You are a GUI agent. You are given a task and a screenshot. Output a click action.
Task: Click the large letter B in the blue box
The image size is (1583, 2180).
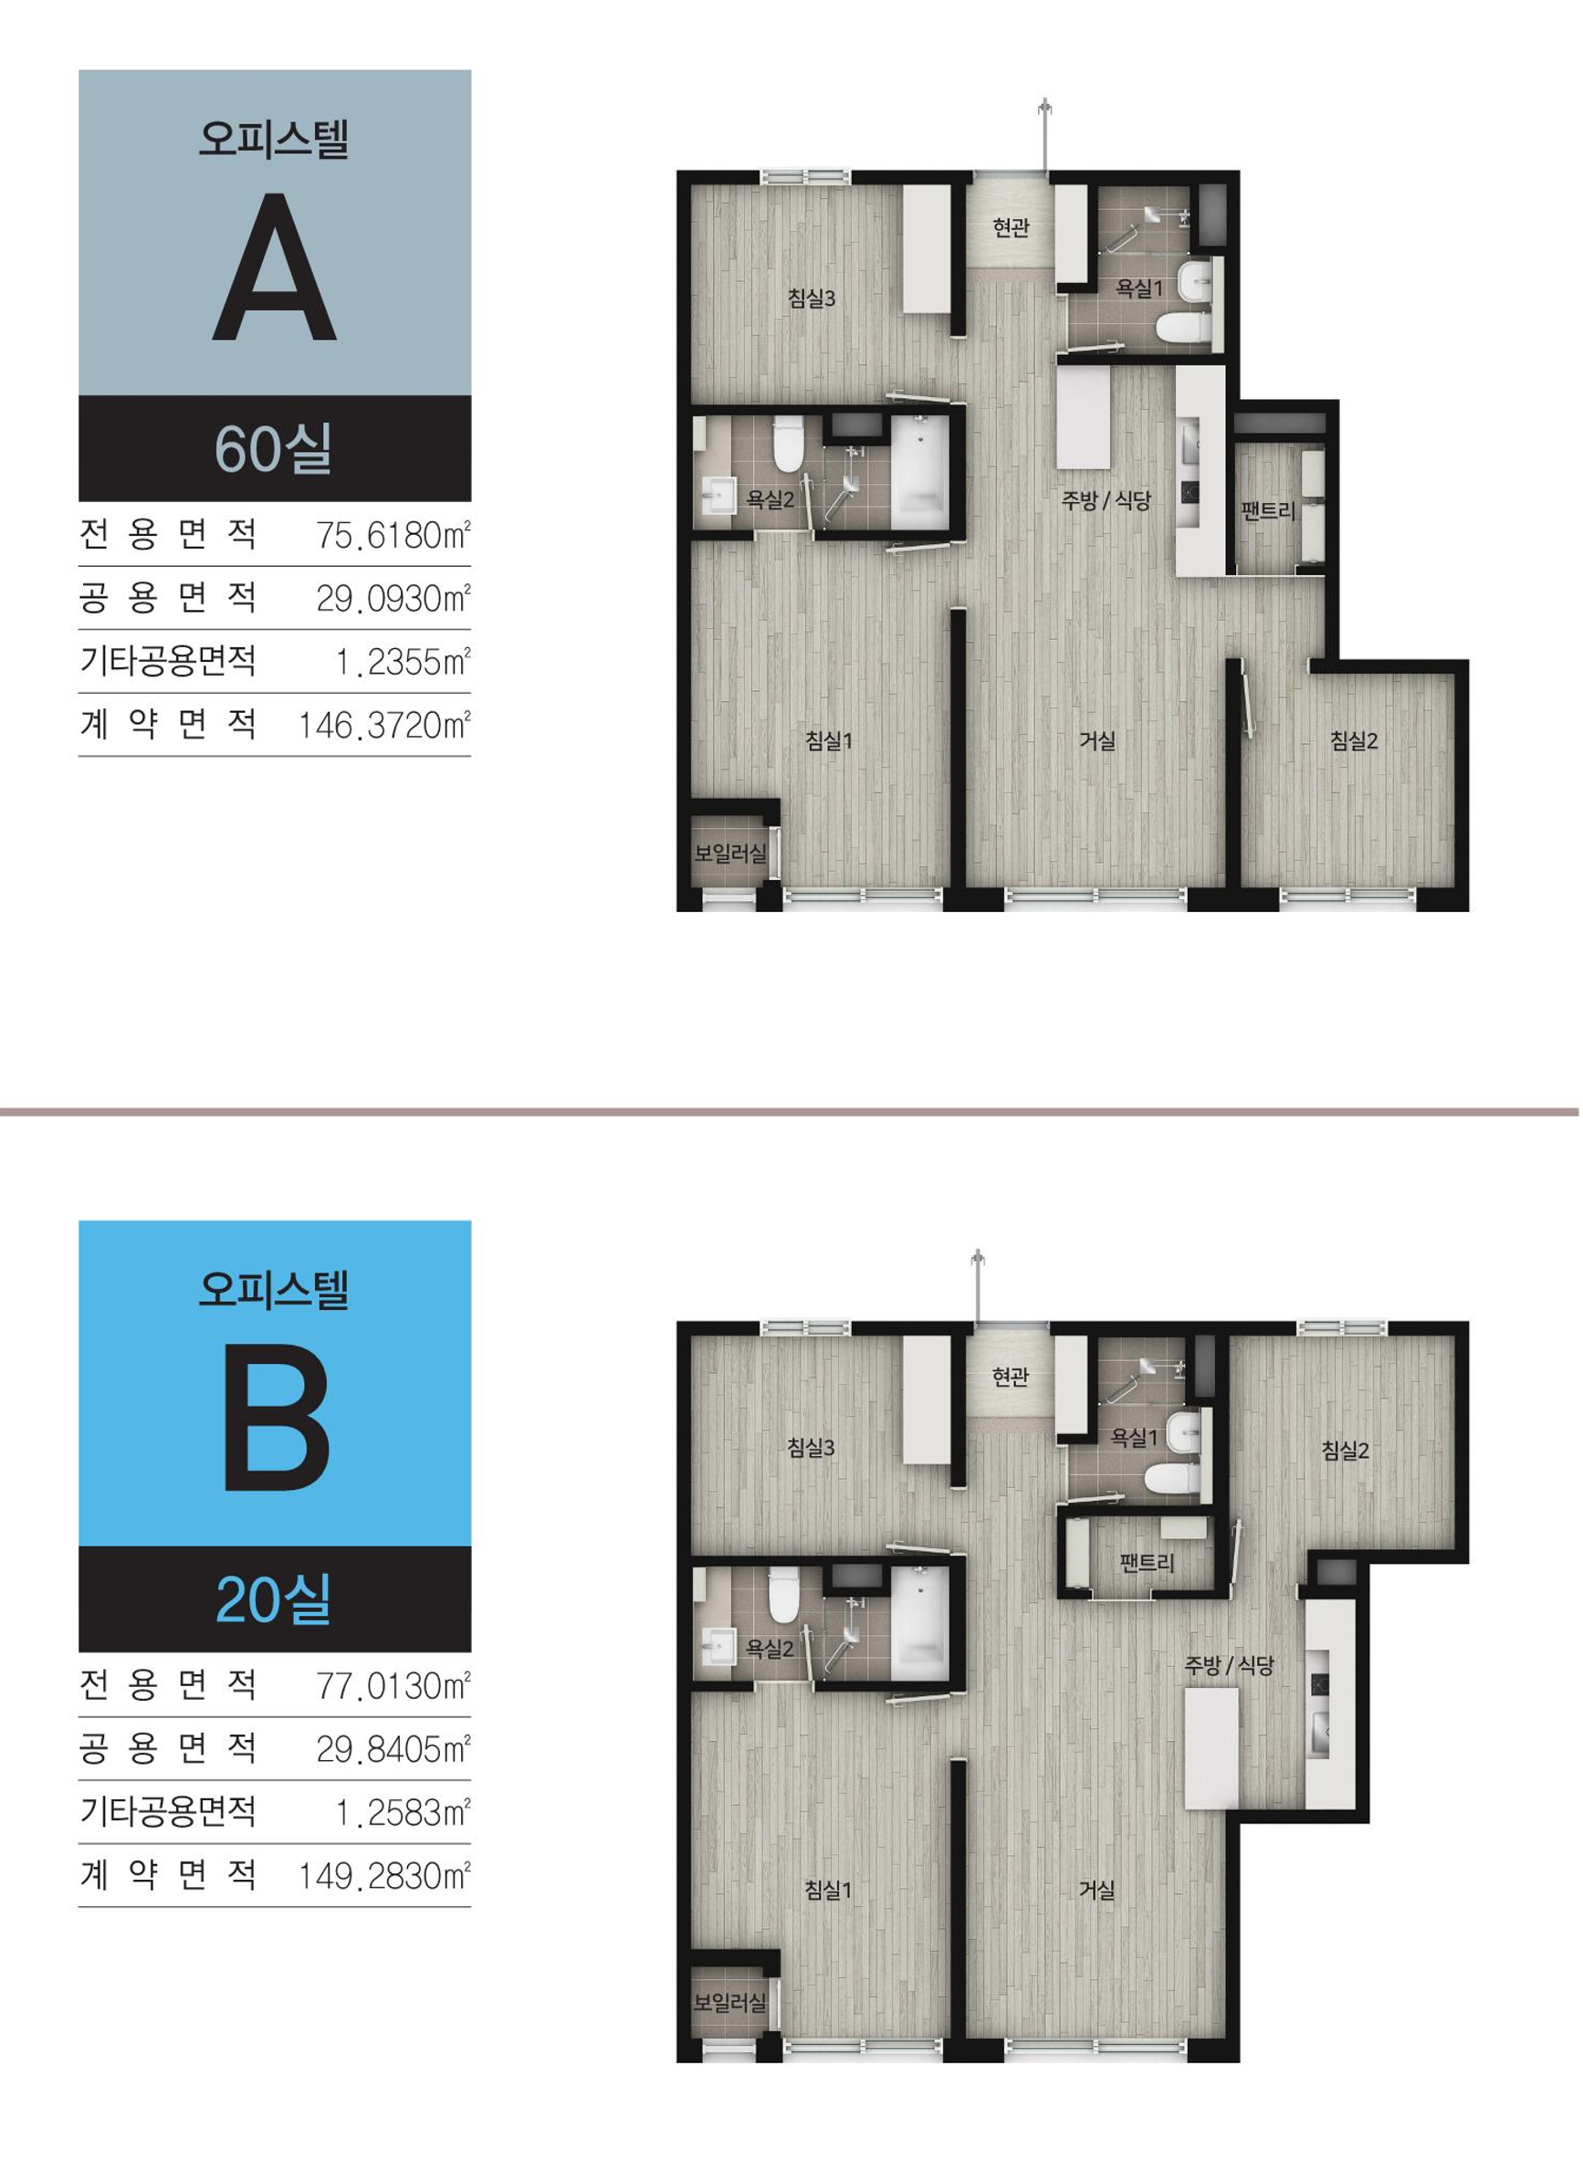pos(277,1419)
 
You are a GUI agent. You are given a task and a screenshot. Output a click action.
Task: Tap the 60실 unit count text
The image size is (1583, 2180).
pos(274,448)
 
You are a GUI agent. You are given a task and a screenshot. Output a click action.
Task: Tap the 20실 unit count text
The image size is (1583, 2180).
pos(274,1599)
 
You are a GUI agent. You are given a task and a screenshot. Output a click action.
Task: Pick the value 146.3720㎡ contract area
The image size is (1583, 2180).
pos(384,725)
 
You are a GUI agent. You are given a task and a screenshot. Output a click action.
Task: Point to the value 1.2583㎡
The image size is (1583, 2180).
pos(403,1813)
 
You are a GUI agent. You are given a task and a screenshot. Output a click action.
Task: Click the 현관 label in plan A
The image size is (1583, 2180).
pos(1011,228)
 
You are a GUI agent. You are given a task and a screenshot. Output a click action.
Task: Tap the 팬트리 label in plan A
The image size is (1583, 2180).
pos(1268,510)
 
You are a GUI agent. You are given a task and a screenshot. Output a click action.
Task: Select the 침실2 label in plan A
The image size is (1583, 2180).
pos(1353,740)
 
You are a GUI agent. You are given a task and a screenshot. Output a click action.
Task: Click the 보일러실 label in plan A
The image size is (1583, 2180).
pos(730,853)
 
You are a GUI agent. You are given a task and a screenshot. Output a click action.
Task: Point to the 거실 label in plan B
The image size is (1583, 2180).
pos(1096,1890)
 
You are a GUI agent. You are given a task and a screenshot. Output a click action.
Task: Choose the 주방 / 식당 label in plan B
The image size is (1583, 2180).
pos(1229,1666)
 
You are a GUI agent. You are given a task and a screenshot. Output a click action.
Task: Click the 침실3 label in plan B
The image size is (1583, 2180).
pos(812,1448)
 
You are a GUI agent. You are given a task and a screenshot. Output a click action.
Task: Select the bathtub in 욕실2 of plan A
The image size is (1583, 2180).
pos(920,471)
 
